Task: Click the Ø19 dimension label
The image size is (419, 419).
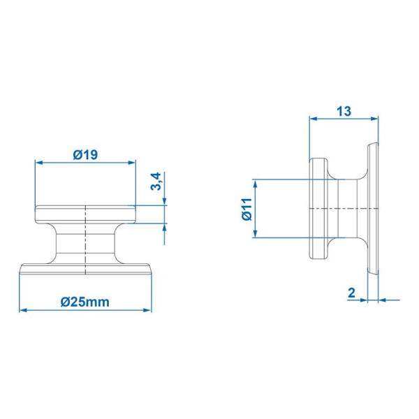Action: click(85, 155)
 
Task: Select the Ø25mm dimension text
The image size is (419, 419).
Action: click(85, 302)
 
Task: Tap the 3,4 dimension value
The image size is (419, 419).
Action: click(156, 181)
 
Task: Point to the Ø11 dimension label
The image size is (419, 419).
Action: click(247, 209)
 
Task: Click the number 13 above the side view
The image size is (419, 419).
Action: click(344, 112)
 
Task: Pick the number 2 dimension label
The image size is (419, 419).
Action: click(351, 293)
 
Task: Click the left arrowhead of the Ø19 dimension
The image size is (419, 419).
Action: click(39, 163)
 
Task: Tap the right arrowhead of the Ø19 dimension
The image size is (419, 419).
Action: click(132, 163)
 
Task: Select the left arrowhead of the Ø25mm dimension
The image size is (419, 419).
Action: click(23, 310)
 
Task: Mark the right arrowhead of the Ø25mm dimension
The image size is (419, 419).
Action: click(147, 310)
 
